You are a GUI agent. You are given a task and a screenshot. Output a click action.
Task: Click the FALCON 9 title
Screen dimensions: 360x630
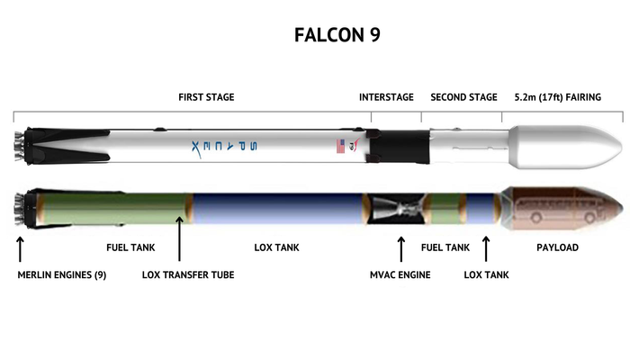click(x=329, y=35)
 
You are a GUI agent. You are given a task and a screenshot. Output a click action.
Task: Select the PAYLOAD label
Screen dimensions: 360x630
click(x=557, y=247)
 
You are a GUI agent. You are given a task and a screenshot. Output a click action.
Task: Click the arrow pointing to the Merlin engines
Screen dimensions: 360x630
click(x=21, y=247)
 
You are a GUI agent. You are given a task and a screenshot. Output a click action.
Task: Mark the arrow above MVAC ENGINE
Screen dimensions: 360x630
click(x=401, y=247)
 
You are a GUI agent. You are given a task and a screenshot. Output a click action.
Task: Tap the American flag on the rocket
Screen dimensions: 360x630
click(x=340, y=146)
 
